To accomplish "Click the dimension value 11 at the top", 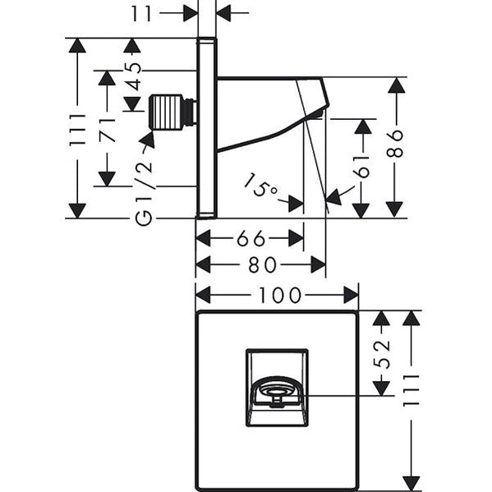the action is (x=141, y=13).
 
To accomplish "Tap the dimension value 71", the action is (x=108, y=131).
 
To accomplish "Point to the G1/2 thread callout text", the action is (x=145, y=192).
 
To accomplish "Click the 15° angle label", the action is (x=260, y=186).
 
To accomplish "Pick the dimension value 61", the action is (x=363, y=167).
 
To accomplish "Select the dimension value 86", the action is (x=395, y=143).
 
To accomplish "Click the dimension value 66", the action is (x=251, y=238).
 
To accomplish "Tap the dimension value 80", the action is (x=263, y=264).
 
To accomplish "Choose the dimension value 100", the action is (x=279, y=295).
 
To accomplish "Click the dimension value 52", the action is (x=382, y=354).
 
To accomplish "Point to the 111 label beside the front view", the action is (x=411, y=391).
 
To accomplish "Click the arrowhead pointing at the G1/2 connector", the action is (x=147, y=140).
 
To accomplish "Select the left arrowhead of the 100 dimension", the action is (x=203, y=295).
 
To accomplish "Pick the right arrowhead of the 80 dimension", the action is (x=319, y=264).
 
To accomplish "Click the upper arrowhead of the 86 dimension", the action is (x=396, y=85).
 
